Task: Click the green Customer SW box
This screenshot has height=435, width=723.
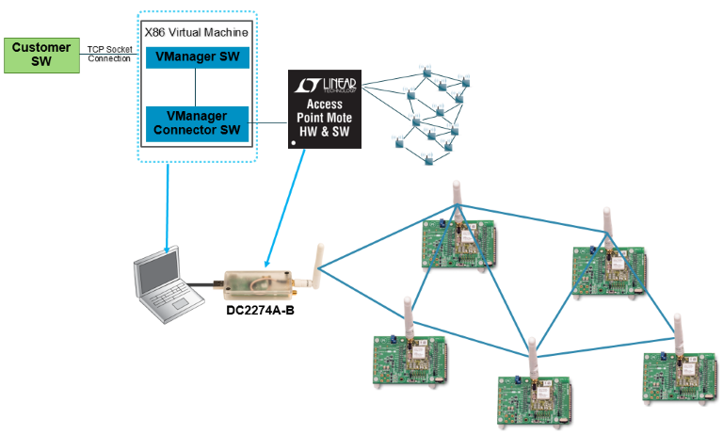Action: pyautogui.click(x=41, y=55)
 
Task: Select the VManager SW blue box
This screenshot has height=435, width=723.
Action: pyautogui.click(x=197, y=57)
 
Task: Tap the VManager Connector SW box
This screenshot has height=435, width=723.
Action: pyautogui.click(x=197, y=123)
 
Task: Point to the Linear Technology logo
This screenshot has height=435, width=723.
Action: pyautogui.click(x=325, y=86)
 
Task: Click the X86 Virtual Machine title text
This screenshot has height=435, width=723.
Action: pyautogui.click(x=197, y=32)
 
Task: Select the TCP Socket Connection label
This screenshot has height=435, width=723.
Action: pyautogui.click(x=109, y=54)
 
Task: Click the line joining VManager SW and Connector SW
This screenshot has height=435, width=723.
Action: pyautogui.click(x=197, y=87)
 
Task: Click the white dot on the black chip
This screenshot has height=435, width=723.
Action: pyautogui.click(x=297, y=142)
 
